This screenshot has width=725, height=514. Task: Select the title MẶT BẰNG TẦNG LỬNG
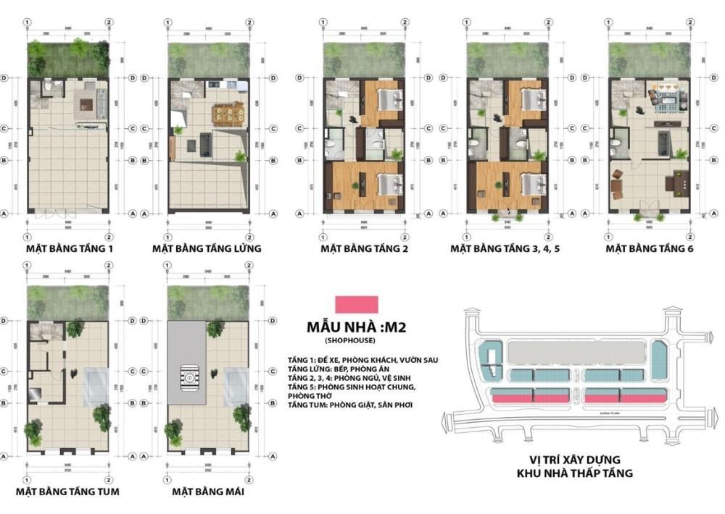207,248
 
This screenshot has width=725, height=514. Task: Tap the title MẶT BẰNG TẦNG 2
365,248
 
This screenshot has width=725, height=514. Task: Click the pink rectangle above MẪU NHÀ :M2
355,304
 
